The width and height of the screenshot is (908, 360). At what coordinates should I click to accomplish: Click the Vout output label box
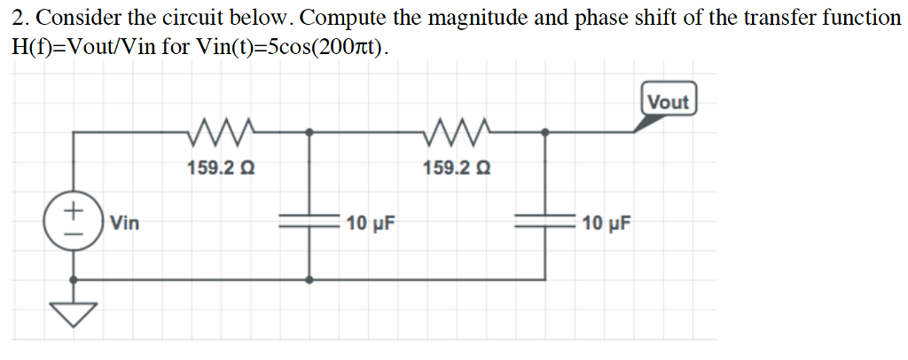point(668,101)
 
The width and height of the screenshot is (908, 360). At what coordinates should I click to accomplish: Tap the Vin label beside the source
point(125,223)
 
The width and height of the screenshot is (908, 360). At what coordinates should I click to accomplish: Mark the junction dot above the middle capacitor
point(309,132)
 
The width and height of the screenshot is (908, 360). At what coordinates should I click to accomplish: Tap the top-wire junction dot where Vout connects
point(544,132)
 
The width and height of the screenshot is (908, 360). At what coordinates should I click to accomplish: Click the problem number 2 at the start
point(17,18)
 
